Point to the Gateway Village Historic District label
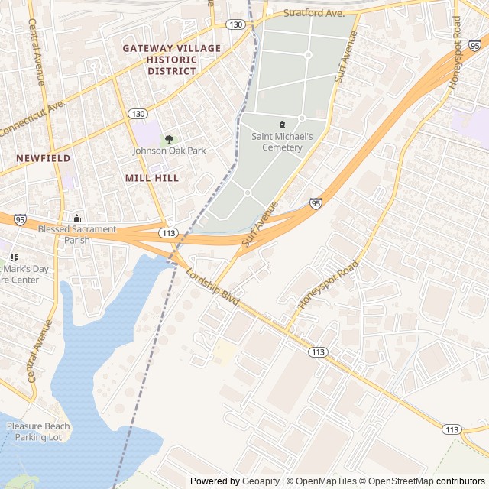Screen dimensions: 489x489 click(x=172, y=60)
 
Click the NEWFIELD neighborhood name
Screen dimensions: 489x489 click(x=43, y=158)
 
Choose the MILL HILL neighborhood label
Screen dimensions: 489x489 click(x=151, y=178)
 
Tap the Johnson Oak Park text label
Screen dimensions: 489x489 click(x=169, y=151)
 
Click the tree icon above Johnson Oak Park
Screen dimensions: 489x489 click(x=169, y=138)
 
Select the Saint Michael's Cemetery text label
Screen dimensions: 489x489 click(x=282, y=141)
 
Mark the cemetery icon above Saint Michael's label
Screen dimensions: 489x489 click(x=282, y=125)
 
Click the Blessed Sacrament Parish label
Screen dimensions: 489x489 click(x=77, y=235)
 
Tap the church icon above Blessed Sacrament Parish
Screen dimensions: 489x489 click(x=76, y=219)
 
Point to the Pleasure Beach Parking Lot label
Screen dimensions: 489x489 click(x=38, y=432)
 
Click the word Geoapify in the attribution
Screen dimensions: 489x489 click(x=262, y=481)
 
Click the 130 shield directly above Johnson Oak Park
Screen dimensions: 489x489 click(x=138, y=114)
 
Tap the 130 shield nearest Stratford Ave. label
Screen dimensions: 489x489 click(x=235, y=25)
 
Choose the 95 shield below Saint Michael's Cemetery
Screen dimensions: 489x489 click(x=316, y=203)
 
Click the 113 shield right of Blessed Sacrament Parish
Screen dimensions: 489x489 click(x=169, y=232)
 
